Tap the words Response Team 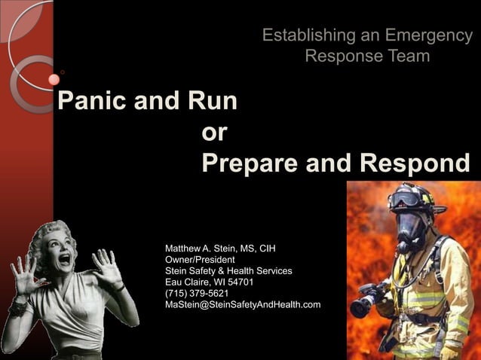coord(367,56)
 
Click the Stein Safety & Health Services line coord(228,270)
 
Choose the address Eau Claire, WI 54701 coord(209,282)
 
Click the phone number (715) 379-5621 coord(197,293)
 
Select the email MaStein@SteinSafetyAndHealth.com coord(243,304)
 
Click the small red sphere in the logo coord(54,78)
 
